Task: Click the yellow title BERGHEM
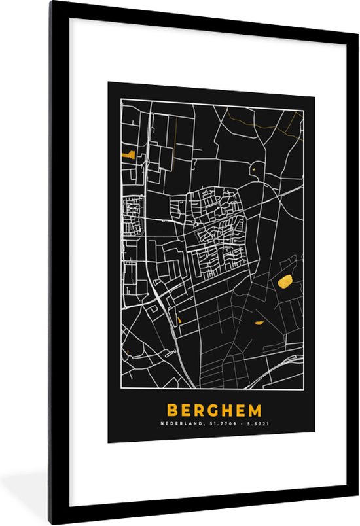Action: click(213, 410)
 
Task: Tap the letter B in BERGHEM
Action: click(172, 410)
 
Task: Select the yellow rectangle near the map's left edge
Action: click(128, 155)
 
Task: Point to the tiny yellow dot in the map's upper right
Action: click(253, 171)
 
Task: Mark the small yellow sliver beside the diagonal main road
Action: click(178, 320)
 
